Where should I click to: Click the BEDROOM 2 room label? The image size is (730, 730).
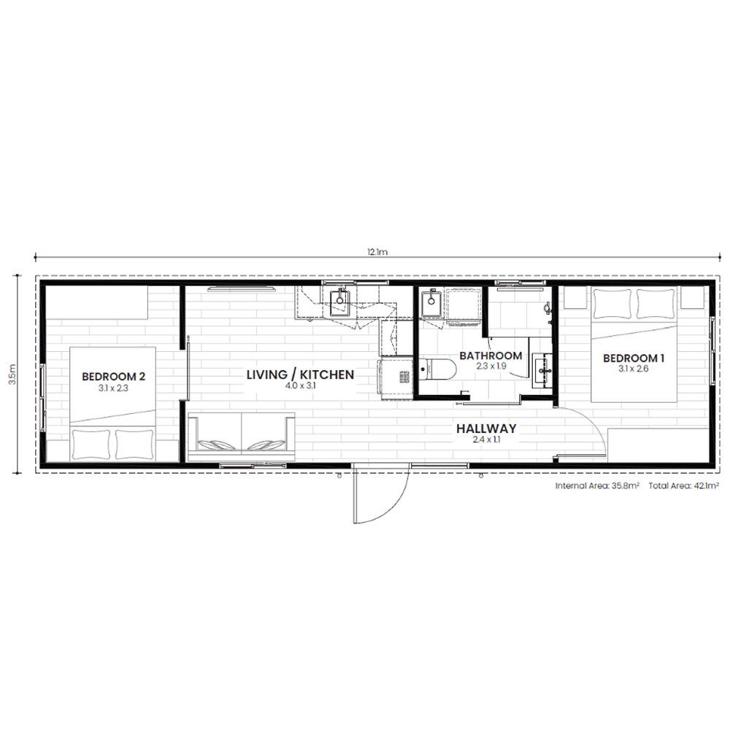coord(113,376)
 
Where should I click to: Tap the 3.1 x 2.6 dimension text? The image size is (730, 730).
coord(633,369)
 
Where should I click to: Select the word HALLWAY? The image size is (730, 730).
coord(486,429)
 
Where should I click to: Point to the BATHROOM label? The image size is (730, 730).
coord(491,356)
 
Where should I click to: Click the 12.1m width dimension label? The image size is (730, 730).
coord(377,253)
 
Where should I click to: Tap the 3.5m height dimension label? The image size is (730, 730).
coord(13,374)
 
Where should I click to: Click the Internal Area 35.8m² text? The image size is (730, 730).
coord(597,486)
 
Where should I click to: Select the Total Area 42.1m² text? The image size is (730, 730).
coord(683,486)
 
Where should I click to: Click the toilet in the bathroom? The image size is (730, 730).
coord(437,370)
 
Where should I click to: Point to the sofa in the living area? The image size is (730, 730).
coord(241,432)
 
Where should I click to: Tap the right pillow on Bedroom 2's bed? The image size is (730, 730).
coord(134,444)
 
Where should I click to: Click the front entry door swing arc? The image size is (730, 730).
coord(396,503)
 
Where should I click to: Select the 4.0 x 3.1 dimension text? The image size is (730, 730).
coord(300,386)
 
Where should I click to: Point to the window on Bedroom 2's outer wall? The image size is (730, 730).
coord(43,398)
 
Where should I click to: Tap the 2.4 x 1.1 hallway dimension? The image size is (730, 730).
coord(486,440)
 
